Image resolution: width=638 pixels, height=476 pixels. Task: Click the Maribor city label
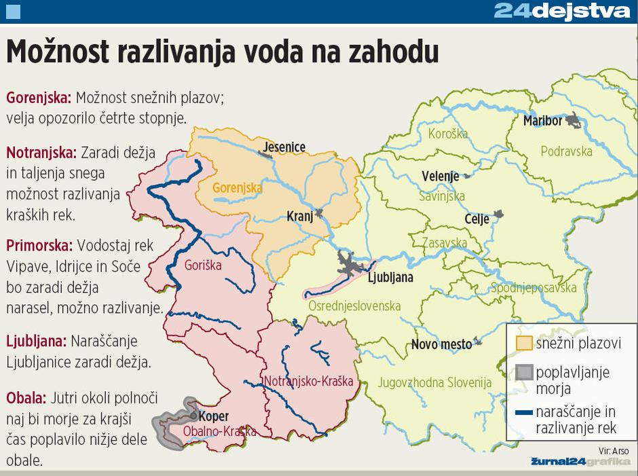pyautogui.click(x=542, y=121)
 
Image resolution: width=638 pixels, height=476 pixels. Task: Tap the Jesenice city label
pyautogui.click(x=284, y=147)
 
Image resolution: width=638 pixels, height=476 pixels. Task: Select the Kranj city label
pyautogui.click(x=299, y=217)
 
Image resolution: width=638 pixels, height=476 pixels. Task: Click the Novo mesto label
pyautogui.click(x=441, y=344)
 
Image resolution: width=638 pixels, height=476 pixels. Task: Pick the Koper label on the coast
pyautogui.click(x=214, y=416)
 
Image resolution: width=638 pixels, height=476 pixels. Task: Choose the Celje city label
pyautogui.click(x=477, y=219)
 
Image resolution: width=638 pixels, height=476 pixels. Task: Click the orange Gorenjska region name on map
pyautogui.click(x=237, y=187)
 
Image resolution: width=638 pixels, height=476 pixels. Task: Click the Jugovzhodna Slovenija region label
pyautogui.click(x=434, y=383)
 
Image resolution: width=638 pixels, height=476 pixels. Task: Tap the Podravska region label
pyautogui.click(x=566, y=151)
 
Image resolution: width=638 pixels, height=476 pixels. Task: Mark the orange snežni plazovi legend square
pyautogui.click(x=524, y=343)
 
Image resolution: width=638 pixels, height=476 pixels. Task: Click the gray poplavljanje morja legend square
pyautogui.click(x=524, y=373)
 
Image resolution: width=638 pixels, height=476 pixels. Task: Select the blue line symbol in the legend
pyautogui.click(x=523, y=412)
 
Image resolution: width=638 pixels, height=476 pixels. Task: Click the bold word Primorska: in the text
pyautogui.click(x=39, y=244)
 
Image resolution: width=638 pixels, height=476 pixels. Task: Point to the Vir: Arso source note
pyautogui.click(x=614, y=450)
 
